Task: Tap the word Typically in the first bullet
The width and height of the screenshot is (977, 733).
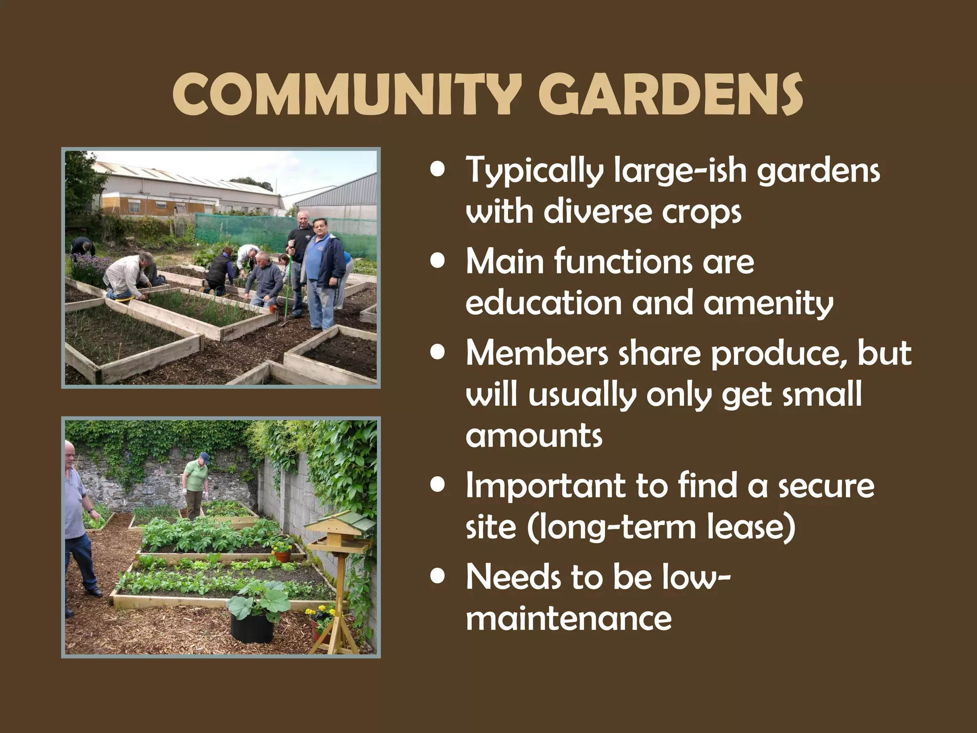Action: point(534,170)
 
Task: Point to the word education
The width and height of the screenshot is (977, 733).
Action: point(543,303)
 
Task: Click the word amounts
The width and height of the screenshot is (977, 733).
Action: point(534,436)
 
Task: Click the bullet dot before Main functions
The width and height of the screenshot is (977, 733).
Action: point(437,262)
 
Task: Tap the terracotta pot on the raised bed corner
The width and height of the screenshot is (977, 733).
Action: point(282,555)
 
